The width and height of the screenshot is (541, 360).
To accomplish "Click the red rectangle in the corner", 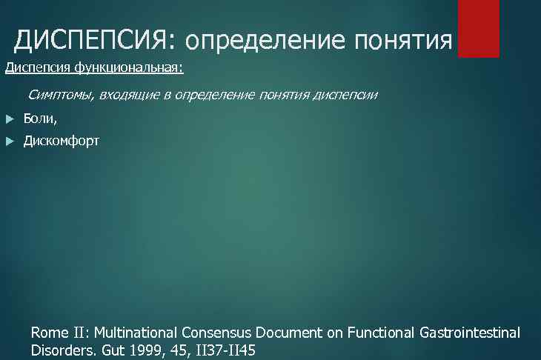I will pos(478,28).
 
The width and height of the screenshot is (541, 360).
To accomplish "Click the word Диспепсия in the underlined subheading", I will pos(32,69).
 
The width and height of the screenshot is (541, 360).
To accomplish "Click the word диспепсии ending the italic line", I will pos(345,95).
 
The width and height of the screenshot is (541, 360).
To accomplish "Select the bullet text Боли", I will pos(40,119).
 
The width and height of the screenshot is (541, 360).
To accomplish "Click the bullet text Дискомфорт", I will pos(61,141).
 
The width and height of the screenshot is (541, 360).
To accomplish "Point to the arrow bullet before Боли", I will pos(9,119).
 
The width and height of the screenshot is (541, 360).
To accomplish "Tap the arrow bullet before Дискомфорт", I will pos(9,141).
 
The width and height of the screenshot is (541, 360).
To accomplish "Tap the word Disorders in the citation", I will pos(62,350).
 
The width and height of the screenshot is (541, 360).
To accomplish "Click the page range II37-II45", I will pos(225,350).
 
